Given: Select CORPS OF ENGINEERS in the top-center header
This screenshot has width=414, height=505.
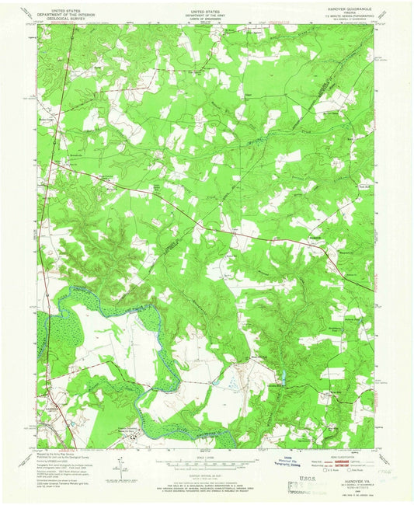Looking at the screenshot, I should (206, 20).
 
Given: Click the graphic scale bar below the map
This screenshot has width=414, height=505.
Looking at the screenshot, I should (206, 465).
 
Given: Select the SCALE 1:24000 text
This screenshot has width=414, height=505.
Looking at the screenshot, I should (206, 457).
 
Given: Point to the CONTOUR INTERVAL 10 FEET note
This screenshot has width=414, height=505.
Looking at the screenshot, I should (206, 473).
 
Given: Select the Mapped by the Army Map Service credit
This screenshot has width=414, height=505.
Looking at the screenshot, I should (57, 454).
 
